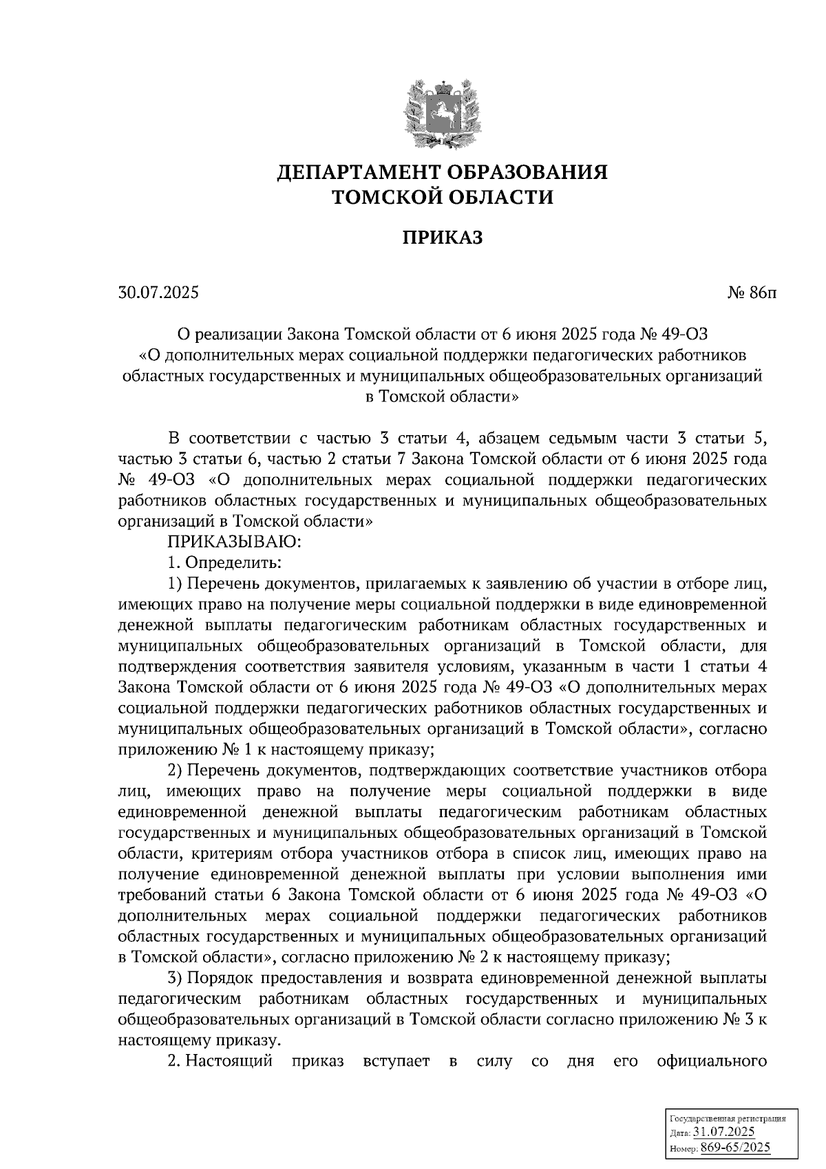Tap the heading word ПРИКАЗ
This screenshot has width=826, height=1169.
(443, 238)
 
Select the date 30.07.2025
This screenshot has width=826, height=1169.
(158, 293)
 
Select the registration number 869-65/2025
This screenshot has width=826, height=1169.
(735, 1148)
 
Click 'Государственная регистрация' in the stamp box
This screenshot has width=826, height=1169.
(728, 1119)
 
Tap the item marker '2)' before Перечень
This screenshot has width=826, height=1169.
(176, 770)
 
